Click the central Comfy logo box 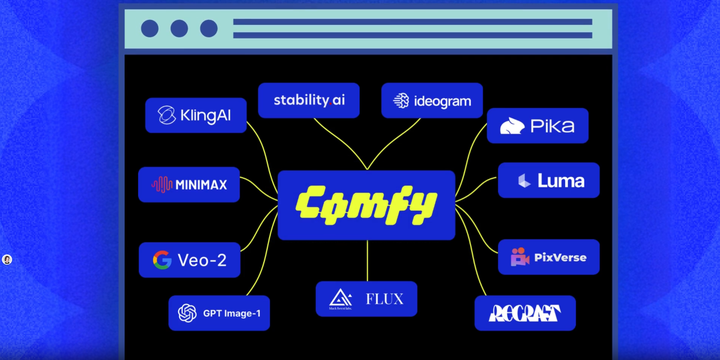[366, 205]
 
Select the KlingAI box [195, 116]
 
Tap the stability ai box [309, 100]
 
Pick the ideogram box [432, 101]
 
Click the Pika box [537, 126]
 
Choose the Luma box [548, 181]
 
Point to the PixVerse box [548, 257]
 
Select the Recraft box [525, 314]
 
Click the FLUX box [366, 299]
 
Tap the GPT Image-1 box [219, 313]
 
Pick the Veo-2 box [189, 260]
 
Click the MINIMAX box [189, 185]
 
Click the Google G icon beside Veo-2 [162, 260]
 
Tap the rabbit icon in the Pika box [511, 127]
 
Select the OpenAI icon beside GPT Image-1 [187, 313]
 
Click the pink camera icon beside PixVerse [520, 257]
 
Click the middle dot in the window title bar [179, 29]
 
